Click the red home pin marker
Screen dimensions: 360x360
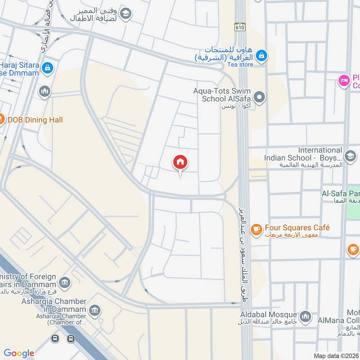pyautogui.click(x=180, y=162)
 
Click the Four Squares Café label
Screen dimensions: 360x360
pyautogui.click(x=297, y=228)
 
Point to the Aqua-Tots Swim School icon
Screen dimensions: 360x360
pyautogui.click(x=259, y=97)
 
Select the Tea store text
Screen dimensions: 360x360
pyautogui.click(x=240, y=65)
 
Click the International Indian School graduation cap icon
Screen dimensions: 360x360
pyautogui.click(x=351, y=156)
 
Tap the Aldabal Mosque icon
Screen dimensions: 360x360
pyautogui.click(x=306, y=316)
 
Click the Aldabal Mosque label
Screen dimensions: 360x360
pyautogui.click(x=268, y=315)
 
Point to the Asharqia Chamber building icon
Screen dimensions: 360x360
pyautogui.click(x=94, y=310)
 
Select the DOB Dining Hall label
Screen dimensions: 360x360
pyautogui.click(x=36, y=120)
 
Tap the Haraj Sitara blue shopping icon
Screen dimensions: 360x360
pyautogui.click(x=47, y=68)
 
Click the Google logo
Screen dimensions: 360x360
pyautogui.click(x=19, y=353)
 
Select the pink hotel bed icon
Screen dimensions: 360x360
pyautogui.click(x=344, y=81)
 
